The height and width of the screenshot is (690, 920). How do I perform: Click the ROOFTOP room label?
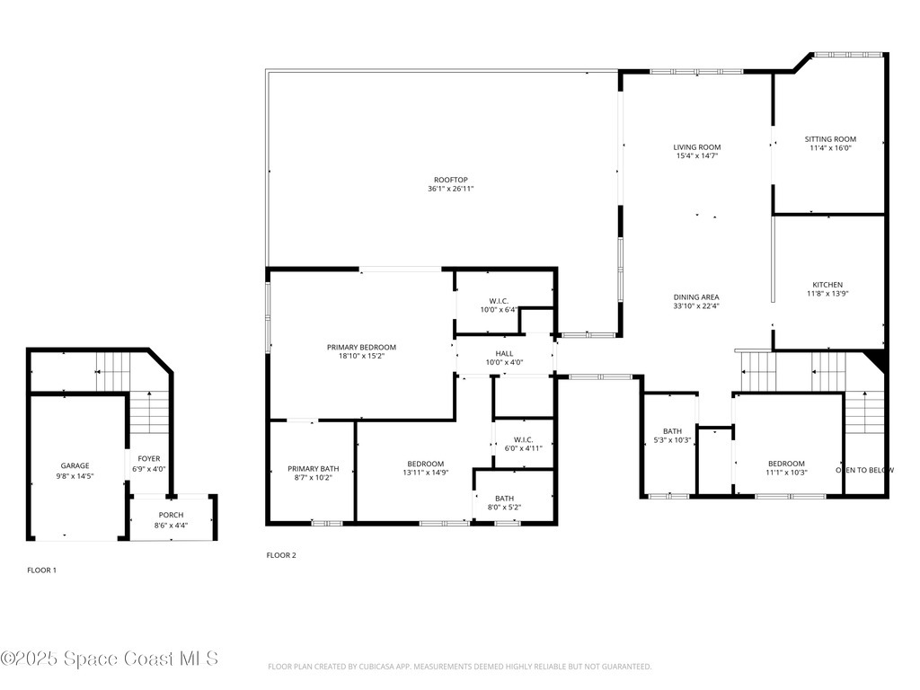[450, 180]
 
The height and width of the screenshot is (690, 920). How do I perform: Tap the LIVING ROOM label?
[697, 147]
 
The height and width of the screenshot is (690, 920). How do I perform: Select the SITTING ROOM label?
[829, 139]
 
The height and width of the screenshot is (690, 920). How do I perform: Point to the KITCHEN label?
[827, 285]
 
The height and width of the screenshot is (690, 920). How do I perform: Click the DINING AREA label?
[696, 297]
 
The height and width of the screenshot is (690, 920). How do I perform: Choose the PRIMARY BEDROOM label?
[361, 347]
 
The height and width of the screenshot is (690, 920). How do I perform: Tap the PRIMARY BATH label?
[313, 469]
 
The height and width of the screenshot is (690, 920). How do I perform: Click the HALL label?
[504, 354]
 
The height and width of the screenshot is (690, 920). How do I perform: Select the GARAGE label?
[75, 465]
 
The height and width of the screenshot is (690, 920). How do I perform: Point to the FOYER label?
[148, 459]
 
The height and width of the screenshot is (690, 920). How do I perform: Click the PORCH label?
[171, 515]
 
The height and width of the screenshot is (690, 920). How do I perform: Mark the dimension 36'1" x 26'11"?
[450, 190]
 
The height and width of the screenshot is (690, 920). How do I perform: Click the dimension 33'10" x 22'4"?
[696, 306]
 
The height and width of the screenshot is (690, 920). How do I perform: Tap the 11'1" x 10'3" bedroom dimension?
[786, 473]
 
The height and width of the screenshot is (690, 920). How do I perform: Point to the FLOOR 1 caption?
[41, 570]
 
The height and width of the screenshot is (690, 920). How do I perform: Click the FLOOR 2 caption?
[281, 555]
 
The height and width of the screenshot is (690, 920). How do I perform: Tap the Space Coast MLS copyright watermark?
[109, 659]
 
